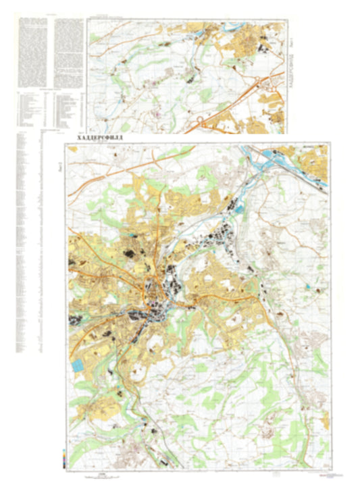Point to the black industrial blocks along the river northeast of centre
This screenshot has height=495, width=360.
pos(223,236)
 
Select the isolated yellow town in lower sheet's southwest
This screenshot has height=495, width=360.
pos(101,405)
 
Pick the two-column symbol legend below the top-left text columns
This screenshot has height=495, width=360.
pos(47,108)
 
